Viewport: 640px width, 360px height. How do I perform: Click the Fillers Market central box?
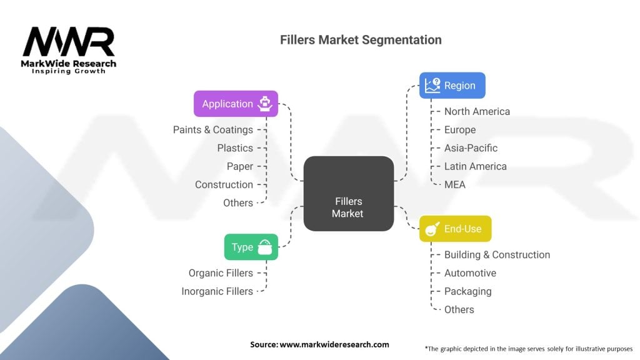[348, 193]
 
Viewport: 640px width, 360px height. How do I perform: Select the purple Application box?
[236, 104]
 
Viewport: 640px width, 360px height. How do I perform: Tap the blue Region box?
[452, 86]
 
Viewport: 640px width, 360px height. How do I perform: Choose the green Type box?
[251, 247]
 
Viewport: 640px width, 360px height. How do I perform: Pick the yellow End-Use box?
[455, 229]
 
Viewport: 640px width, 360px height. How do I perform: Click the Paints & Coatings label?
[213, 130]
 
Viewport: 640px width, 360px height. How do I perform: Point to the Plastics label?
[235, 148]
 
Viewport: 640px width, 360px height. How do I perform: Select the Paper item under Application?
[240, 166]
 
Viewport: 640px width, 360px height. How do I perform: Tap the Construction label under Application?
[224, 184]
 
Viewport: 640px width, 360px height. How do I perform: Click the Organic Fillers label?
[221, 273]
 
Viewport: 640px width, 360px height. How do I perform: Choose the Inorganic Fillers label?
[217, 291]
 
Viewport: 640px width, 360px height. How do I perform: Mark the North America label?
[477, 111]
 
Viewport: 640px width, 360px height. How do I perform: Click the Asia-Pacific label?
[471, 148]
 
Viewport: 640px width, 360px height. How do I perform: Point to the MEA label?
[454, 184]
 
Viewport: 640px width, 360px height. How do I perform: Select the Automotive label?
[470, 273]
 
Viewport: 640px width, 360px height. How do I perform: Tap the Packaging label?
[467, 291]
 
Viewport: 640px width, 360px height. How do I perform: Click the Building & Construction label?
[497, 255]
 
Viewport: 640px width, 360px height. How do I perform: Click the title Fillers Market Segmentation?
[361, 40]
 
